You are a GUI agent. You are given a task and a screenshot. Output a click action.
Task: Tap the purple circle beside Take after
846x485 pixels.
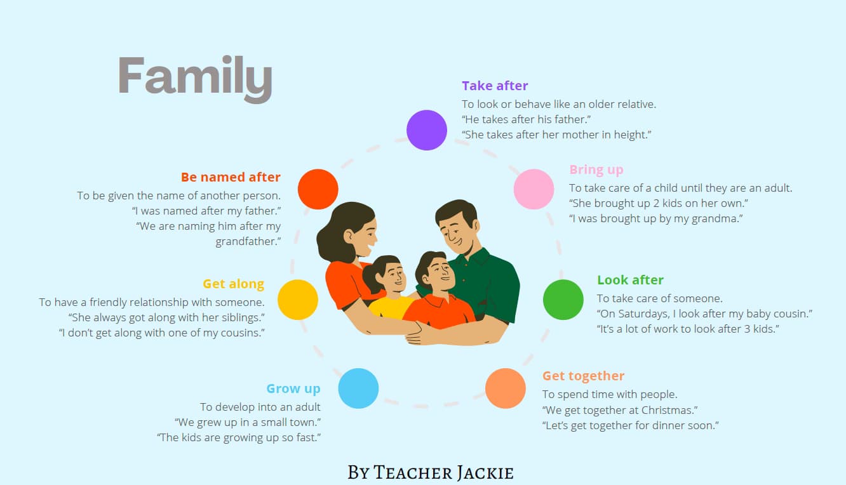(x=427, y=130)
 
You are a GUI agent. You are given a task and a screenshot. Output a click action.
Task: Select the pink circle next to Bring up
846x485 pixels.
(x=534, y=189)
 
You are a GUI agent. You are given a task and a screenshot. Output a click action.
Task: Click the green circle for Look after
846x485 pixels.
(x=563, y=300)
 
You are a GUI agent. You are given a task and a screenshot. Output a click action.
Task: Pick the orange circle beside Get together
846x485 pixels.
(x=506, y=388)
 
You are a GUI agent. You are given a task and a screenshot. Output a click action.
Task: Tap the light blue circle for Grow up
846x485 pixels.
(x=358, y=388)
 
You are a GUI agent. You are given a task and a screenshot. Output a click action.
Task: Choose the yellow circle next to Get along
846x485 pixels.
(x=298, y=300)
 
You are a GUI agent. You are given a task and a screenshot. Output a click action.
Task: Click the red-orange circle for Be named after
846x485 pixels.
(x=318, y=189)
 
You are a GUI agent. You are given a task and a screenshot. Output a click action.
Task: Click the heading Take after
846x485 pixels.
(x=495, y=86)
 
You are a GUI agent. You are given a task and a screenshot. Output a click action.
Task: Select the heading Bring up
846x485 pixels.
(x=596, y=169)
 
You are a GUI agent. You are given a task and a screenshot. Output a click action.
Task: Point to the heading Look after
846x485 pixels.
(x=630, y=280)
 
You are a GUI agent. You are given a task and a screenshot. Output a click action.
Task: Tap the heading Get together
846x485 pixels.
(x=583, y=376)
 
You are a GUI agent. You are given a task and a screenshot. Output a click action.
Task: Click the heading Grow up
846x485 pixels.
(x=293, y=389)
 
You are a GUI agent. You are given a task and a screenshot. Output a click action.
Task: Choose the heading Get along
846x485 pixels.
(x=233, y=284)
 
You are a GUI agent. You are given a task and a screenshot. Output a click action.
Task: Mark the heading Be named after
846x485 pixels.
(x=231, y=177)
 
